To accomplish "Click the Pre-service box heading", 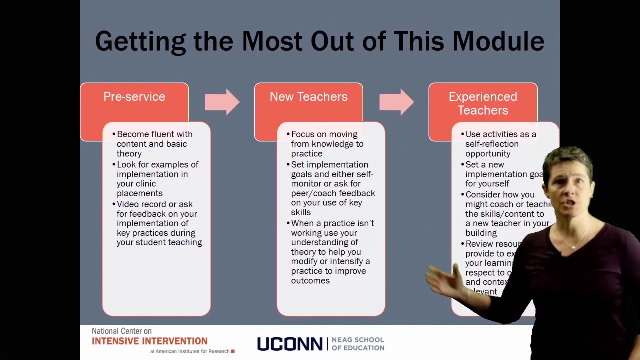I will pyautogui.click(x=134, y=97).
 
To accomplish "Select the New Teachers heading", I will pyautogui.click(x=308, y=97).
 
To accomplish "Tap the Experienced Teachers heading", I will pyautogui.click(x=482, y=103).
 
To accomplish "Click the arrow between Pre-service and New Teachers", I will pyautogui.click(x=222, y=102).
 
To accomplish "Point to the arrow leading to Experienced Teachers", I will pyautogui.click(x=396, y=102).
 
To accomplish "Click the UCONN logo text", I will pyautogui.click(x=289, y=344).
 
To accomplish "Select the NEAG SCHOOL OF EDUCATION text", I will pyautogui.click(x=358, y=344).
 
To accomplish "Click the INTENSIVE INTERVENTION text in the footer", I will pyautogui.click(x=149, y=341).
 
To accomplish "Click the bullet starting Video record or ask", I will pyautogui.click(x=159, y=223).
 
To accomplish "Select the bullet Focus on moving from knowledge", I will pyautogui.click(x=327, y=144).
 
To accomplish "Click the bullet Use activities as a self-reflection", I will pyautogui.click(x=500, y=144).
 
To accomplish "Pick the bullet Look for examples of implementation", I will pyautogui.click(x=157, y=179).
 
